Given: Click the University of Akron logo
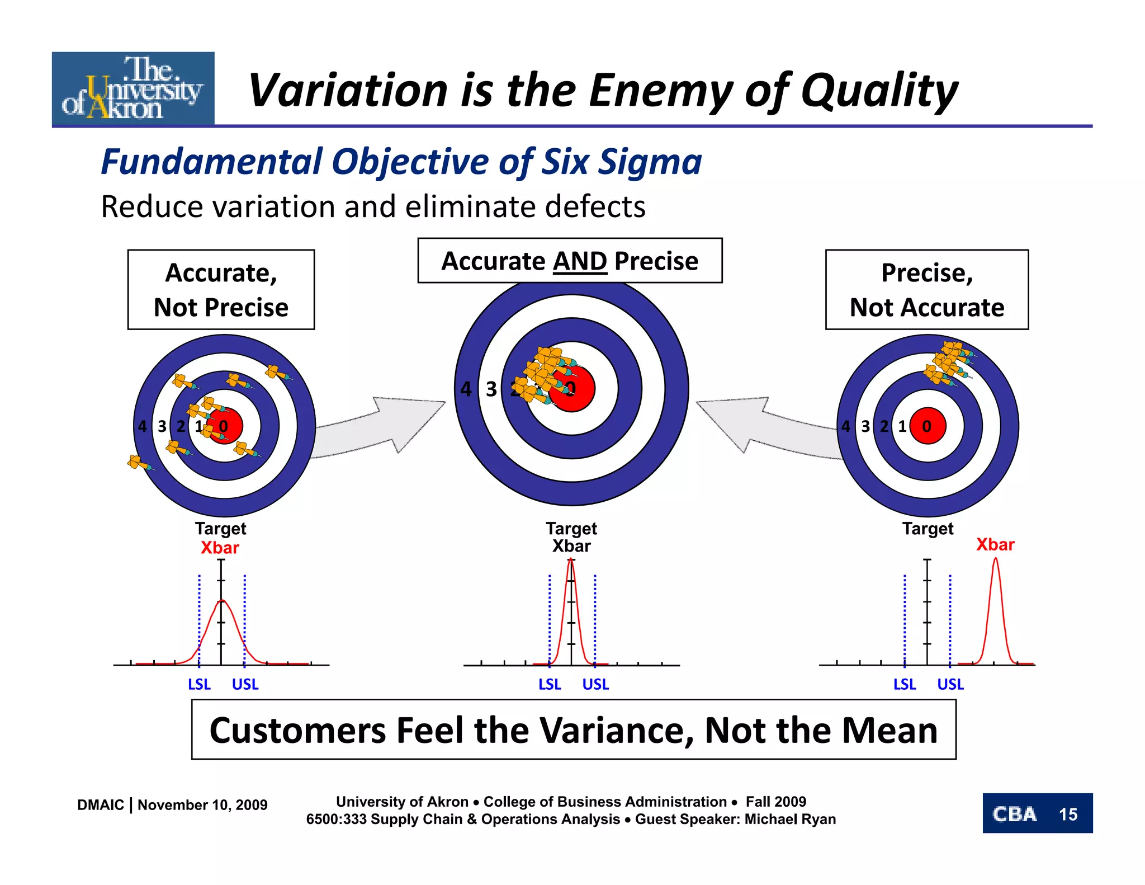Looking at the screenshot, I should [133, 88].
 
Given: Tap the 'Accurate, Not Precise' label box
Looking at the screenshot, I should [221, 290].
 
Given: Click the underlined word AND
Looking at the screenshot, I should [580, 261].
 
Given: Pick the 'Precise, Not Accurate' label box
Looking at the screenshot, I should [926, 290].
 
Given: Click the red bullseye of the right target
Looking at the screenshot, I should [928, 426].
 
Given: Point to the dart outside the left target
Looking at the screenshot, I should [137, 463].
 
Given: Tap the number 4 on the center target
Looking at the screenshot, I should [466, 389].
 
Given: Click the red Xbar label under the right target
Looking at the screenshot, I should [995, 544].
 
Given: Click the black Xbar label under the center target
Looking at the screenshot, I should [571, 546].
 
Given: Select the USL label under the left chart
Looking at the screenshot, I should [245, 684].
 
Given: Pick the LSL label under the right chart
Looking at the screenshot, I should [904, 684].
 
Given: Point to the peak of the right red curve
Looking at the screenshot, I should [995, 559].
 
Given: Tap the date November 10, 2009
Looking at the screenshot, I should [202, 804].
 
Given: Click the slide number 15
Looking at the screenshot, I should [1068, 814].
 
